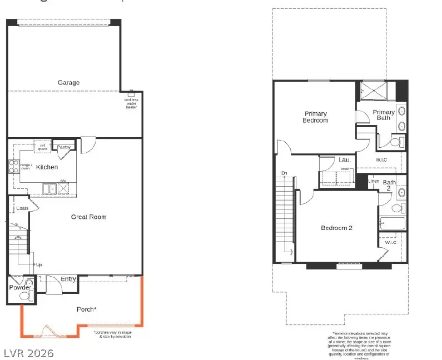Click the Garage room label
pyautogui.click(x=69, y=83)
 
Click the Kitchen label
pyautogui.click(x=48, y=167)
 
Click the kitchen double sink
pyautogui.click(x=50, y=188)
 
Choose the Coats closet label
pyautogui.click(x=22, y=208)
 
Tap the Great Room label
pyautogui.click(x=88, y=217)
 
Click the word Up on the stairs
pyautogui.click(x=39, y=264)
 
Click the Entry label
pyautogui.click(x=68, y=279)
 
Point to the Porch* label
pyautogui.click(x=87, y=309)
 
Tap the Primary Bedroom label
pyautogui.click(x=315, y=117)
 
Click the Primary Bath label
pyautogui.click(x=384, y=115)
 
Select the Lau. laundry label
pyautogui.click(x=344, y=160)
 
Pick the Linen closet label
pyautogui.click(x=374, y=181)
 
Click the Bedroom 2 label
pyautogui.click(x=336, y=228)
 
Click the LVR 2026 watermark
pyautogui.click(x=29, y=353)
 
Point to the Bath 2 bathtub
pyautogui.click(x=393, y=224)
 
